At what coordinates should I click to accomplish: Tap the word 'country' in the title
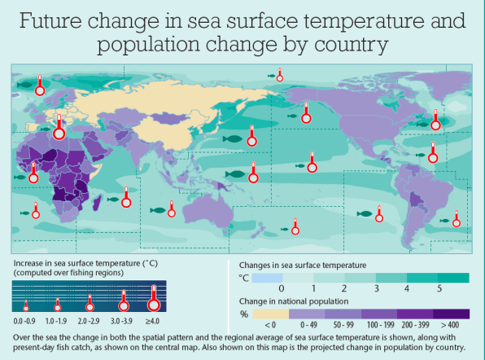tap(351, 45)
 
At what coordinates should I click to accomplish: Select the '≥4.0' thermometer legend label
tap(152, 321)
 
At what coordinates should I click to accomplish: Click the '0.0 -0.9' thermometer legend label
tap(24, 321)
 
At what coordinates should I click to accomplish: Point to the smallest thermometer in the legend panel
tap(26, 305)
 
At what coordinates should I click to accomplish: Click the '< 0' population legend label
tap(270, 325)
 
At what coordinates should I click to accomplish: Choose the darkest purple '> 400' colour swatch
tap(451, 314)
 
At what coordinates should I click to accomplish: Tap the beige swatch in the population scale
tap(271, 314)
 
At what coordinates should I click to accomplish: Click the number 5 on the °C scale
tap(439, 288)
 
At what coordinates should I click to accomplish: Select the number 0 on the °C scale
tap(282, 288)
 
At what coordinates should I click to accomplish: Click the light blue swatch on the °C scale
tap(267, 278)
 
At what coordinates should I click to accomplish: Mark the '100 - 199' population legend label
tap(381, 325)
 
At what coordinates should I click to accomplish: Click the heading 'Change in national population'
tap(294, 301)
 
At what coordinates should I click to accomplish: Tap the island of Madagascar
tap(97, 203)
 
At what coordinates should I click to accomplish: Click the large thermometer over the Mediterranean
tap(59, 127)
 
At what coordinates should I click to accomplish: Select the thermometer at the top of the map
tap(280, 75)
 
